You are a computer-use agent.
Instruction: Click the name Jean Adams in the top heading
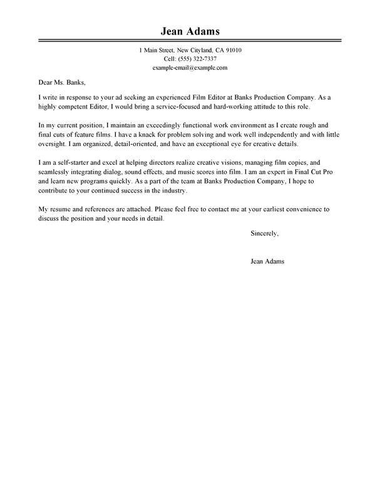[190, 31]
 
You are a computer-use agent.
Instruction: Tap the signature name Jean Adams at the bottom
[267, 244]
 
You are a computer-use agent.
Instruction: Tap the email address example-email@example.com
[190, 67]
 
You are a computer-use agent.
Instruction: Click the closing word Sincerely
[264, 216]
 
